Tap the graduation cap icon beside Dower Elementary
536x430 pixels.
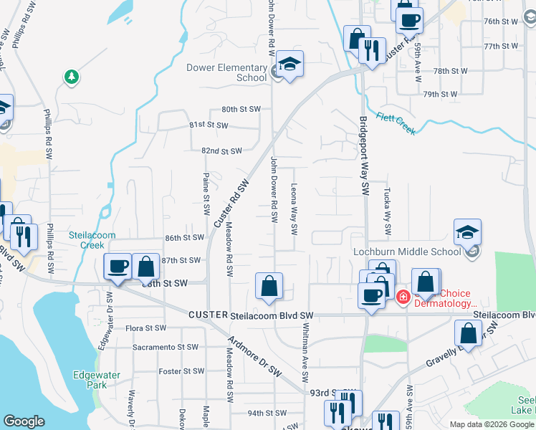tap(289, 64)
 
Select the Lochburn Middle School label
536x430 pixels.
tap(406, 252)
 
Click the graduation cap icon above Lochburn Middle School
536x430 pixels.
tap(467, 231)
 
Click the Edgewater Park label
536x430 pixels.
tap(90, 379)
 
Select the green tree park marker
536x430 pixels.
tap(71, 76)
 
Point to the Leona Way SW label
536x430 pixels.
tap(294, 208)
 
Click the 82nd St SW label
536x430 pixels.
tap(221, 151)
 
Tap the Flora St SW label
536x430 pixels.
tap(145, 328)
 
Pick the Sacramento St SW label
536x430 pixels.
tap(165, 347)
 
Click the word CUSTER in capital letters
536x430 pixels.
tap(208, 315)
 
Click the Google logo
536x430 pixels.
tap(24, 421)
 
